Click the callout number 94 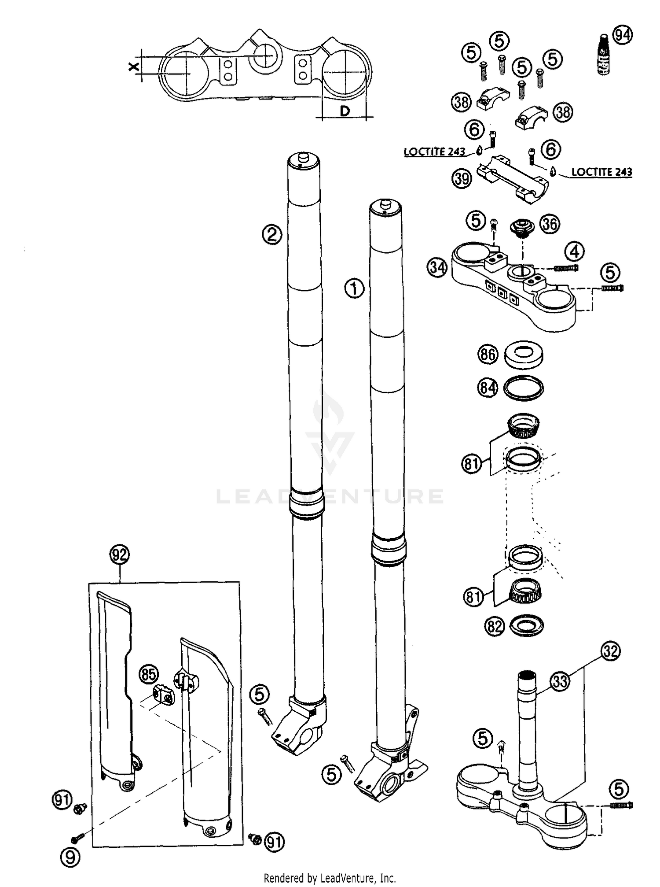622,35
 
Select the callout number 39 462,178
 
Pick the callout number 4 574,252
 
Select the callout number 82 495,626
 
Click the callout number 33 560,681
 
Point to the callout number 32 610,651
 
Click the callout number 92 120,554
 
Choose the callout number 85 149,674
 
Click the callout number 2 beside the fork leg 272,234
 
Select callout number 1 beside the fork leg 354,289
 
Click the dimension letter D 345,111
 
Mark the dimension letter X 134,67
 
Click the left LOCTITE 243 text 434,152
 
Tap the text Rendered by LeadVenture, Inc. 330,878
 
